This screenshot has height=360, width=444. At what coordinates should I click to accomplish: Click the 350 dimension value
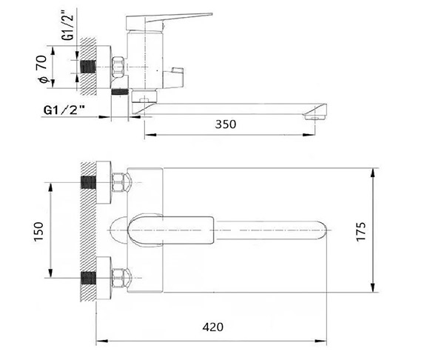(x=226, y=124)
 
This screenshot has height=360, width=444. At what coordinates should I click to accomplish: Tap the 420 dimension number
(x=212, y=327)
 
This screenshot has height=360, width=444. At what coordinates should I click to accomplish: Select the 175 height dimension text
(x=361, y=231)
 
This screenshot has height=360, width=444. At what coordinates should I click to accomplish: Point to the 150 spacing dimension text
(x=38, y=231)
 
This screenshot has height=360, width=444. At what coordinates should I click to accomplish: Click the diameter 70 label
(x=42, y=69)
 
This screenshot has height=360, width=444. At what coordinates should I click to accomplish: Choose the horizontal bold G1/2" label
(x=64, y=110)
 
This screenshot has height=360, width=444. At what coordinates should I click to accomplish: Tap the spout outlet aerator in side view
(x=315, y=117)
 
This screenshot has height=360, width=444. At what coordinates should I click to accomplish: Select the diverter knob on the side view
(x=173, y=77)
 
